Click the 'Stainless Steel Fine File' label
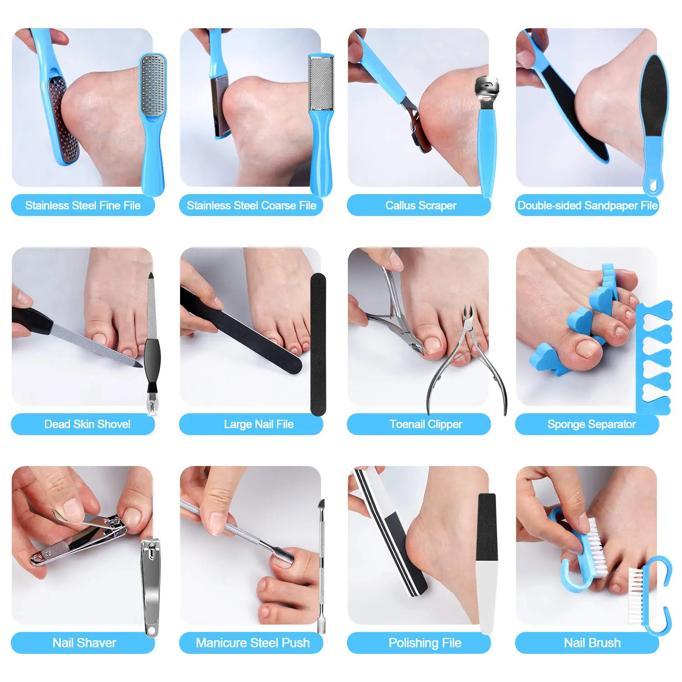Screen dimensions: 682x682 [x=83, y=206]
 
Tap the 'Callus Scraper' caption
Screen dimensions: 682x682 [x=421, y=206]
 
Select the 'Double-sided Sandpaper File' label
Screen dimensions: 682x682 [x=587, y=206]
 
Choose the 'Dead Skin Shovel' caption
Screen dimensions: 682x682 [x=87, y=424]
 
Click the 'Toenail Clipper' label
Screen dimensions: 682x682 [x=426, y=424]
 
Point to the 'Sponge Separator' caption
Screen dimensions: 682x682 [x=592, y=424]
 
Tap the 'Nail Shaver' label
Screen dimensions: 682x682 [x=84, y=643]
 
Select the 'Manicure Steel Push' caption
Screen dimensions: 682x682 [x=253, y=643]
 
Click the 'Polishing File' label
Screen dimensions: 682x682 [x=425, y=643]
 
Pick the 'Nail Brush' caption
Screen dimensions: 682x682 [x=592, y=643]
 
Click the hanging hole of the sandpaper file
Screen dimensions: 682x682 [x=654, y=186]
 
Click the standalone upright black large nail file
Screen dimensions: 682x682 [x=318, y=344]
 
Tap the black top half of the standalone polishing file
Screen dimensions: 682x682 [x=487, y=527]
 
